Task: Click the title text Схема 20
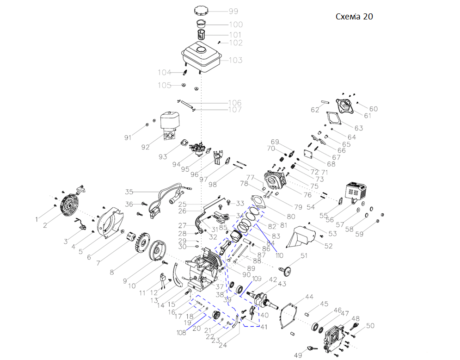pyautogui.click(x=354, y=17)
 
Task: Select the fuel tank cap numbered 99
pyautogui.click(x=202, y=10)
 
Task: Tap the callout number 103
pyautogui.click(x=235, y=60)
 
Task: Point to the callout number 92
pyautogui.click(x=146, y=147)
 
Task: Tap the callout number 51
pyautogui.click(x=304, y=256)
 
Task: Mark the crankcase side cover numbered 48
pyautogui.click(x=334, y=338)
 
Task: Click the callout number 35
pyautogui.click(x=129, y=192)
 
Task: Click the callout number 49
pyautogui.click(x=298, y=355)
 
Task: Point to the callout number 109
pyautogui.click(x=257, y=279)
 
